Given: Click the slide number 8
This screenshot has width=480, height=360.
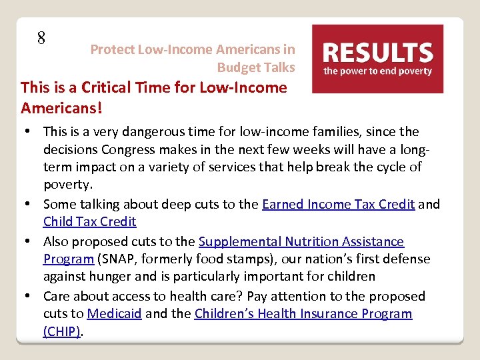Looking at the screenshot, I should tap(41, 38).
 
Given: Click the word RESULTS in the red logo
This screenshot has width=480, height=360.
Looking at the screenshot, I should tap(378, 52).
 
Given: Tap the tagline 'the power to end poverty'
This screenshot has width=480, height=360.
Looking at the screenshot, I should tap(378, 71).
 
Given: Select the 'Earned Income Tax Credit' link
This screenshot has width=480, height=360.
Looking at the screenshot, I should tap(339, 204).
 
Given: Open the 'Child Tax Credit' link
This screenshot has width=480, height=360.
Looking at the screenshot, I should tap(89, 221).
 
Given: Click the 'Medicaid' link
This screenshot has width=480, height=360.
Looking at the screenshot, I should tap(114, 313).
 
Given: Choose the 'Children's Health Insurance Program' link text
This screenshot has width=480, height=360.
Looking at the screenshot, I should tap(303, 313).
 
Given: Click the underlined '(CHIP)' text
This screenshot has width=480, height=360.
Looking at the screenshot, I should tap(62, 331).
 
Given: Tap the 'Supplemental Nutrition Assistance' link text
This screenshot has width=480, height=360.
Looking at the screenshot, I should tap(301, 241).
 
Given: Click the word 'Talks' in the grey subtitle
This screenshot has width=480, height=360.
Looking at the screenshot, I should tap(279, 67).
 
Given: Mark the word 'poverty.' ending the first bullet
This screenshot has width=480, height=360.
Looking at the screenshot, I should tap(67, 184).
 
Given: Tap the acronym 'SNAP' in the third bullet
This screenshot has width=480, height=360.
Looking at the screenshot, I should tap(123, 259).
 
